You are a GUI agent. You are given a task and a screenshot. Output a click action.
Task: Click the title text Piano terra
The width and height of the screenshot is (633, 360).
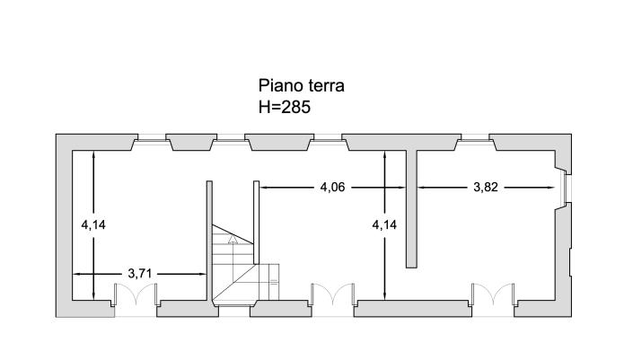pos(302,86)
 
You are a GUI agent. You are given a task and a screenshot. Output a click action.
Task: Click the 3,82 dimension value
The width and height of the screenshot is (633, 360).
pos(485,188)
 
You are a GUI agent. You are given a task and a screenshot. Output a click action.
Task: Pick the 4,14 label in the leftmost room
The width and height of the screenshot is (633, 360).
pos(93,224)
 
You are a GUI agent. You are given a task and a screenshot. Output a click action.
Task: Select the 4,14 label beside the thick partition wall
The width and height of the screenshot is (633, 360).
pos(384,224)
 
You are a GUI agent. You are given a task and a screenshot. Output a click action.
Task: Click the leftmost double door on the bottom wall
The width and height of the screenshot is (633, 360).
pos(136,296)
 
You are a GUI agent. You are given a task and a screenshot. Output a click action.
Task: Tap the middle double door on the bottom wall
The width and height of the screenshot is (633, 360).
pos(332,296)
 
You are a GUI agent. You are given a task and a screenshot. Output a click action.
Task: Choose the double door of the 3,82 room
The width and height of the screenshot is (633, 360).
pos(493,296)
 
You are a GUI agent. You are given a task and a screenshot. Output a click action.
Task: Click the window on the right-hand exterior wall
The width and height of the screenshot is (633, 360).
pos(566,188)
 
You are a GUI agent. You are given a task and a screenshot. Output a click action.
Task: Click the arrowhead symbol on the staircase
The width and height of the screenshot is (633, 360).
pos(233,239)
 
